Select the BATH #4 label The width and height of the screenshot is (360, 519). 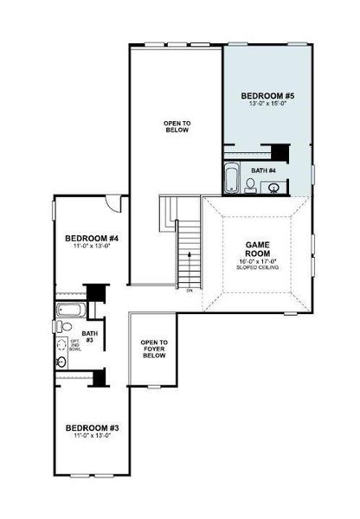pyautogui.click(x=264, y=170)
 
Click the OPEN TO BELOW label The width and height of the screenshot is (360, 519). pyautogui.click(x=177, y=127)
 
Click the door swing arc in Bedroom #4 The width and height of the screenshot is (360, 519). pyautogui.click(x=113, y=203)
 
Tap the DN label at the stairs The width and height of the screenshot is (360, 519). pyautogui.click(x=189, y=291)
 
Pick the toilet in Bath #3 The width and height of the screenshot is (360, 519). pyautogui.click(x=64, y=327)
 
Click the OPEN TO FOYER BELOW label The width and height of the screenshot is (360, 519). pyautogui.click(x=154, y=349)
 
